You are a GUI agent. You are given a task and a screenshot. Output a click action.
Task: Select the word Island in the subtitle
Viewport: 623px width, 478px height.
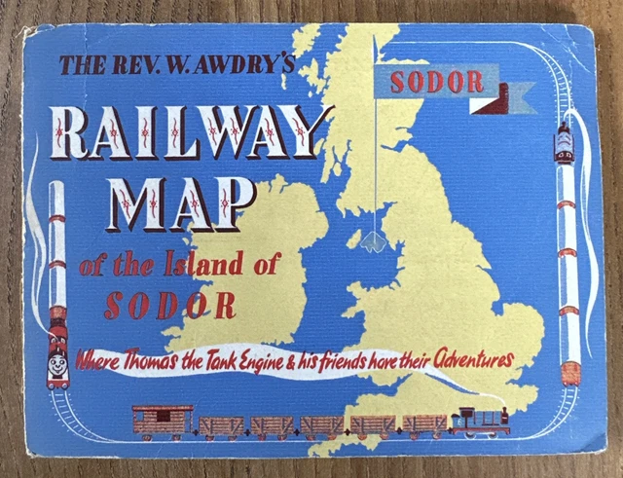172,262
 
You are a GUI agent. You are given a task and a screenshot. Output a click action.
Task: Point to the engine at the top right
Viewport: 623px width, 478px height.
564,144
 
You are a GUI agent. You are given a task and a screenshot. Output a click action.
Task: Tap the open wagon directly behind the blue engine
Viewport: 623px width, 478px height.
424,424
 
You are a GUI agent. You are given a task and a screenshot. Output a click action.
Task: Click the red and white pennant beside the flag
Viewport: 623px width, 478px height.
514,94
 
